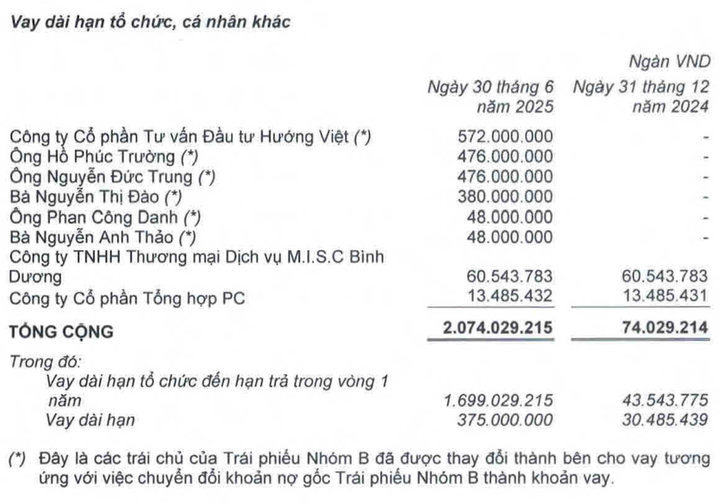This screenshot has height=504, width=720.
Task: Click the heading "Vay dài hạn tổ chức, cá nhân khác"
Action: tap(148, 22)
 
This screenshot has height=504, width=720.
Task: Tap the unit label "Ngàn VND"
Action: tap(668, 63)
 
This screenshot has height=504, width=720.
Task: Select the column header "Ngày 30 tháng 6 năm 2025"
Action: tap(491, 97)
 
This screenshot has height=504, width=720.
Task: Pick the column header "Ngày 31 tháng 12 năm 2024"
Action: tap(640, 97)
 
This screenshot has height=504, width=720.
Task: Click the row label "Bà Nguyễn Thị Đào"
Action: tap(88, 197)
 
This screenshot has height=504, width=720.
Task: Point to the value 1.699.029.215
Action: tap(499, 400)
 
